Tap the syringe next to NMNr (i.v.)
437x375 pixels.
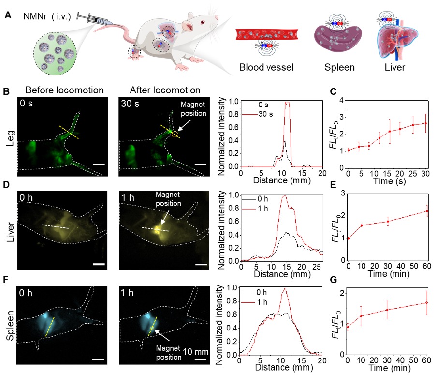tap(97, 21)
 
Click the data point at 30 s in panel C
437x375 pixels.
tap(425, 123)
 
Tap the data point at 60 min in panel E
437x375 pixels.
tap(427, 211)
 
